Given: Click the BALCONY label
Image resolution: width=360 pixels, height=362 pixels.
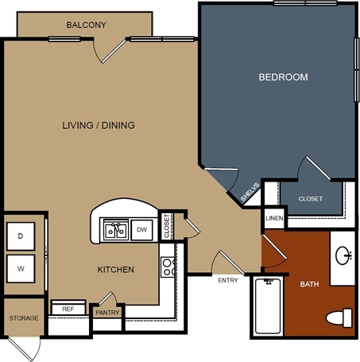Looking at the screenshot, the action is (x=87, y=25).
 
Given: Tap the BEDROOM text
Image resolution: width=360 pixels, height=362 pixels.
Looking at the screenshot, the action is (x=283, y=77).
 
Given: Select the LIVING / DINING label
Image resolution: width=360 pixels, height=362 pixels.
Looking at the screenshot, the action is (x=99, y=125).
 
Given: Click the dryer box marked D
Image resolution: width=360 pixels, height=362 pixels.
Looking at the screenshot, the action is (x=21, y=236).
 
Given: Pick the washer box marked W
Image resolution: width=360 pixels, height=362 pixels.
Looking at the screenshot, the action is (x=21, y=269).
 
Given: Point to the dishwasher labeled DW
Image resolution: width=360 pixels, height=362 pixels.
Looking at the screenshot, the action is (x=141, y=230).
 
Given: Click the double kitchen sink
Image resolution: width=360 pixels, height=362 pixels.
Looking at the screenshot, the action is (x=116, y=230).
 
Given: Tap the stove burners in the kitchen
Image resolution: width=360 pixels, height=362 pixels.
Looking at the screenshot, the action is (x=168, y=267).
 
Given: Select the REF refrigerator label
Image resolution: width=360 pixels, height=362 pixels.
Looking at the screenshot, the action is (x=68, y=309).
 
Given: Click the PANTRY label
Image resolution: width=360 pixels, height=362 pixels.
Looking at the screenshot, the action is (x=107, y=313).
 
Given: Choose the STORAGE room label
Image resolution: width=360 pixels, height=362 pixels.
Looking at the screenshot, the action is (x=24, y=318).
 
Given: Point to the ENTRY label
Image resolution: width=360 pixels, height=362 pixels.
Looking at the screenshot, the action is (x=228, y=280).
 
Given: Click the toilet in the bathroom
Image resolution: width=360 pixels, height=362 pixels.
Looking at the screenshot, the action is (x=339, y=317).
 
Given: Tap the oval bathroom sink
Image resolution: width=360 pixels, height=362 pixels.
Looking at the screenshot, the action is (x=343, y=255).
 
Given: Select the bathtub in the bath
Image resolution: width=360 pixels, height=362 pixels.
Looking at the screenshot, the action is (x=268, y=306).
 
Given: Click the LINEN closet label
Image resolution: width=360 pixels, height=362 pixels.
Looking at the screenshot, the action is (x=274, y=218).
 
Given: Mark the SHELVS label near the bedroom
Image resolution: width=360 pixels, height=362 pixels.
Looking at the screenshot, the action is (x=250, y=192).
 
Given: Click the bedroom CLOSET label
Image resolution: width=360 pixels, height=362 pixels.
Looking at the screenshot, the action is (x=311, y=199).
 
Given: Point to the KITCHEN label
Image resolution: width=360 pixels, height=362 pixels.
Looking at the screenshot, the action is (x=116, y=270).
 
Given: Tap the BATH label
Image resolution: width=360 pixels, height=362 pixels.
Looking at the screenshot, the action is (x=309, y=284).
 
